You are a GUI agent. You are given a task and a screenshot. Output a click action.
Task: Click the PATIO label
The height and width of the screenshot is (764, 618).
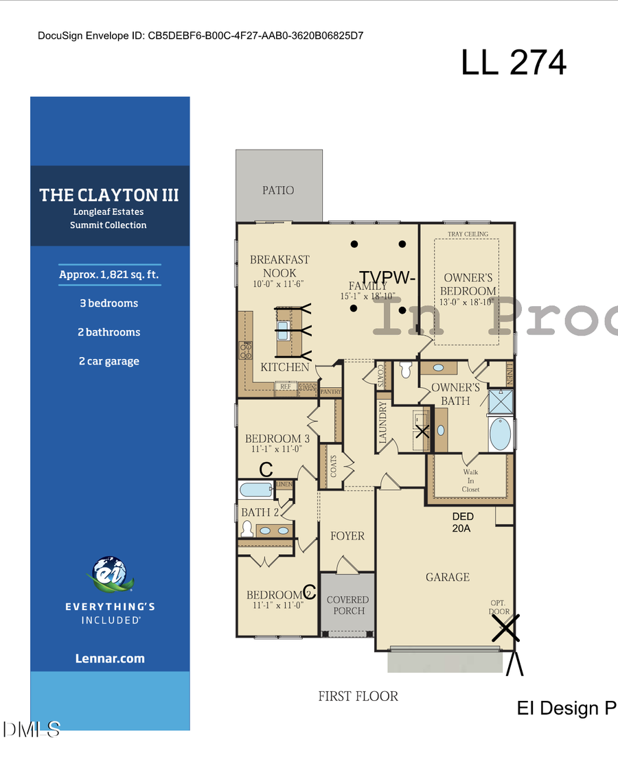278,190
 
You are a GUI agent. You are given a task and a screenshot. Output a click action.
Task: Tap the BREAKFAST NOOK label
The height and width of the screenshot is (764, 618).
279,266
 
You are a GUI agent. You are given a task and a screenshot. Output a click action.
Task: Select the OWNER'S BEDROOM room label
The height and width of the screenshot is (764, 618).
468,284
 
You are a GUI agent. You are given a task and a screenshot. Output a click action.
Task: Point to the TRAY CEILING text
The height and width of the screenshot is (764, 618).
468,234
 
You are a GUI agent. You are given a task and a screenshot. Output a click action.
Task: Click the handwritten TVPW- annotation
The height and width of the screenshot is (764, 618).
387,277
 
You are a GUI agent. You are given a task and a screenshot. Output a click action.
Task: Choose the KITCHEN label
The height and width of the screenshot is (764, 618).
285,367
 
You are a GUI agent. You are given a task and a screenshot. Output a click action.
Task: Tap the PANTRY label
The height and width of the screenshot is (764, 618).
331,392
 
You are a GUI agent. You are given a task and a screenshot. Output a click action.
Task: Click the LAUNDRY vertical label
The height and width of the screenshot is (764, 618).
383,422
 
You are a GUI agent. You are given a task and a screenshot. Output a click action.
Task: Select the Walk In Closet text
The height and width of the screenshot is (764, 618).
470,481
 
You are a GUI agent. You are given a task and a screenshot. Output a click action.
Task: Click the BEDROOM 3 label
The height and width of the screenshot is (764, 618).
277,439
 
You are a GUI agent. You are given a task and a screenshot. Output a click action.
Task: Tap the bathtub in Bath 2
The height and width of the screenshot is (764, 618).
255,490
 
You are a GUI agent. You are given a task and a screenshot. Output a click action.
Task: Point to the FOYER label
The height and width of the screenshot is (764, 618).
347,535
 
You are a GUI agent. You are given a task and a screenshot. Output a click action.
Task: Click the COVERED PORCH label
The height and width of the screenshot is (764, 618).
347,605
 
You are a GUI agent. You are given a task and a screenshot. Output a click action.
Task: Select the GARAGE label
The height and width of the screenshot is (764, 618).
448,577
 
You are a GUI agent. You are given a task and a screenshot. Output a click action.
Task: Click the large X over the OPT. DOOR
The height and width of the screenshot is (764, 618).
505,627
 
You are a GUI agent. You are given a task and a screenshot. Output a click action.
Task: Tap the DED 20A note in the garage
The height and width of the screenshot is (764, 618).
463,522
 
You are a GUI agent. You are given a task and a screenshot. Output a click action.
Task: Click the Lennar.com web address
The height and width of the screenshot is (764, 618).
110,658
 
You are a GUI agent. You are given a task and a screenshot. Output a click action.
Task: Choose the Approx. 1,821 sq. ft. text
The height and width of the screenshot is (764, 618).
110,275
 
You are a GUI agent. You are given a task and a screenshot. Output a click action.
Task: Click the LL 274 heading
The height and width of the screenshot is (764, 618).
514,62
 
